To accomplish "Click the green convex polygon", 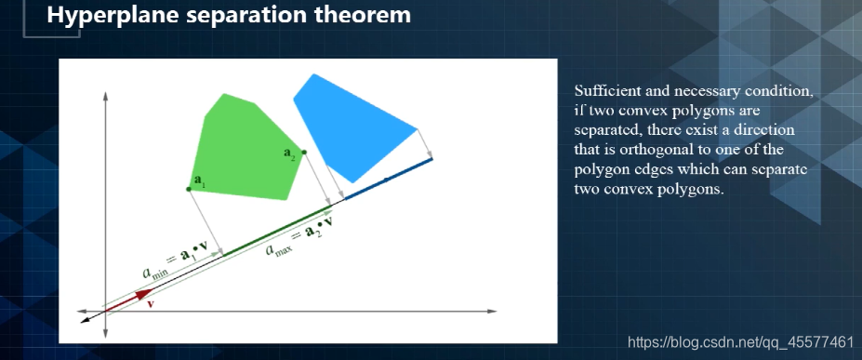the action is point(247,149).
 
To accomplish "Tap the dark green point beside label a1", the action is point(189,189).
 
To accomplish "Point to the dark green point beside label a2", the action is point(304,153).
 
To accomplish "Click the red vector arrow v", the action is point(128,301).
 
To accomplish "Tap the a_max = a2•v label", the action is point(299,234).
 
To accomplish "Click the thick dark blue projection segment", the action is point(388,179).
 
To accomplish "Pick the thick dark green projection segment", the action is point(277,231).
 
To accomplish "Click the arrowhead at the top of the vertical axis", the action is point(104,96).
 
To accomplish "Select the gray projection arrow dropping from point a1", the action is point(206,222).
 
